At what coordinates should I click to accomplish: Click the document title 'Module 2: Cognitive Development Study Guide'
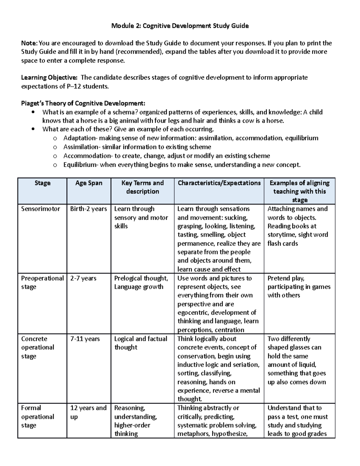[x=180, y=26]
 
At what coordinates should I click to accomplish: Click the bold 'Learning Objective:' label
[x=49, y=78]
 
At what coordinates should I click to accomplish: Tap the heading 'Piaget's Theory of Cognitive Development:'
[x=83, y=104]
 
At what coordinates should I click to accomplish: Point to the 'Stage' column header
[x=42, y=183]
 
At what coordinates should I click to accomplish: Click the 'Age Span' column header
[x=89, y=183]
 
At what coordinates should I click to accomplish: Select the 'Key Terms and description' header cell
[x=142, y=187]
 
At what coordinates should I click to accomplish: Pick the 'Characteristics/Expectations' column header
[x=219, y=183]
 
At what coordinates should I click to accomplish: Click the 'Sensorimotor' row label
[x=40, y=209]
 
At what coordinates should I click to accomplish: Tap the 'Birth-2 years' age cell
[x=88, y=209]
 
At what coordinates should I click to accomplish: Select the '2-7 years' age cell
[x=83, y=278]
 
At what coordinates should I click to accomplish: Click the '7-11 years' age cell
[x=85, y=339]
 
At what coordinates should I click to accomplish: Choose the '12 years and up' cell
[x=88, y=412]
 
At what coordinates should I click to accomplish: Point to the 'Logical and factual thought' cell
[x=140, y=343]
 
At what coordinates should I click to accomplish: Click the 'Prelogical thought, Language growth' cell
[x=141, y=282]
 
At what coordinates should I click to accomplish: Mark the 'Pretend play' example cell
[x=299, y=287]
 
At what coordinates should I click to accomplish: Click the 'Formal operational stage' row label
[x=37, y=416]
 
